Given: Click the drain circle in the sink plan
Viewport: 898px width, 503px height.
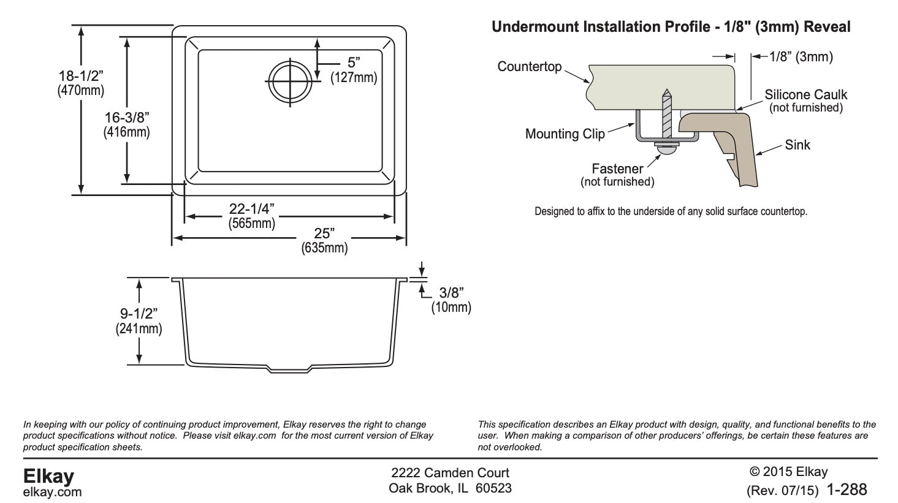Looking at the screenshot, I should (x=289, y=81).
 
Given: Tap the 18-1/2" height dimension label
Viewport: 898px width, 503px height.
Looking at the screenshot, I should (x=81, y=76).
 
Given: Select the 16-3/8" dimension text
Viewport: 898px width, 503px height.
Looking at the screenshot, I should (x=126, y=117).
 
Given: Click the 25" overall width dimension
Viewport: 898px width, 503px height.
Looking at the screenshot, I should (x=324, y=233).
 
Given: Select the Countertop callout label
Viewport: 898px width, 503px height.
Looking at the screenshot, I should (x=530, y=66).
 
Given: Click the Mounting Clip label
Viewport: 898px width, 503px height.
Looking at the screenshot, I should (x=565, y=134).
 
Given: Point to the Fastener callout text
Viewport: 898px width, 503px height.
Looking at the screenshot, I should (x=617, y=168).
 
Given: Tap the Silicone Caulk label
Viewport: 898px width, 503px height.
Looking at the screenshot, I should (x=805, y=94).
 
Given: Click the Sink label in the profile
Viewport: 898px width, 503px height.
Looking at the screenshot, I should (x=797, y=145).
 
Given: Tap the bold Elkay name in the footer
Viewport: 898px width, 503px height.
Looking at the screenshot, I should (x=48, y=476).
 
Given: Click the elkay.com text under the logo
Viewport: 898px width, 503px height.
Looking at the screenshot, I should (x=52, y=492).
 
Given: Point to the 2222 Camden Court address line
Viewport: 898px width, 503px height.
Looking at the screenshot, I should (x=450, y=473).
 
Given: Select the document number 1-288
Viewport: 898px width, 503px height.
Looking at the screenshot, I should (x=847, y=490).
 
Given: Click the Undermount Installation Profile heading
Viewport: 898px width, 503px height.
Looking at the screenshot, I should (x=671, y=27).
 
